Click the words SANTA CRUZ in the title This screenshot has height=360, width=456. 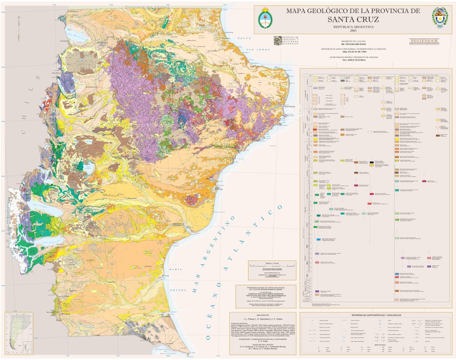353,20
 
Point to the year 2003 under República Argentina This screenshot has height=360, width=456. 353,31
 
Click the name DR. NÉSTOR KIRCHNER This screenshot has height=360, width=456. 353,45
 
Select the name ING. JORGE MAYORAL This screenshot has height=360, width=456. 353,59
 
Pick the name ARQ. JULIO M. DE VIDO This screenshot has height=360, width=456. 353,52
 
